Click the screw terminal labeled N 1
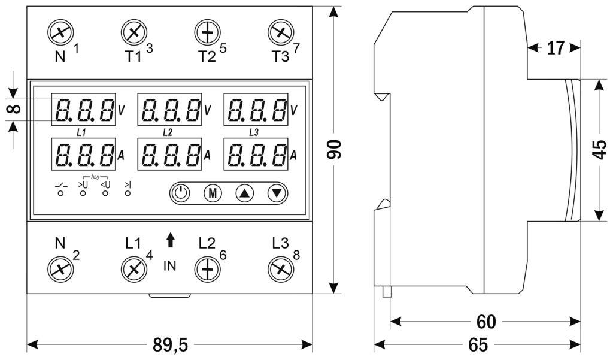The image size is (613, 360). pos(61,32)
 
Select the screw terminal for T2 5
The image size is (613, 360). pos(207,32)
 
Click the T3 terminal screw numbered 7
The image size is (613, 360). pos(278,32)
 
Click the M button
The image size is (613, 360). pos(213,193)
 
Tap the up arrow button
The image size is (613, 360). pos(245,193)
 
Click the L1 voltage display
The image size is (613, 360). pos(83,110)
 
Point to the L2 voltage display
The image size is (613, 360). pos(169,110)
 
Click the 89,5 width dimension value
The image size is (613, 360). pos(170,345)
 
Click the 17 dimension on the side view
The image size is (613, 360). pos(556,48)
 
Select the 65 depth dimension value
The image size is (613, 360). pos(477,345)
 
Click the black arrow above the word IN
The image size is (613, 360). pos(171,240)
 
